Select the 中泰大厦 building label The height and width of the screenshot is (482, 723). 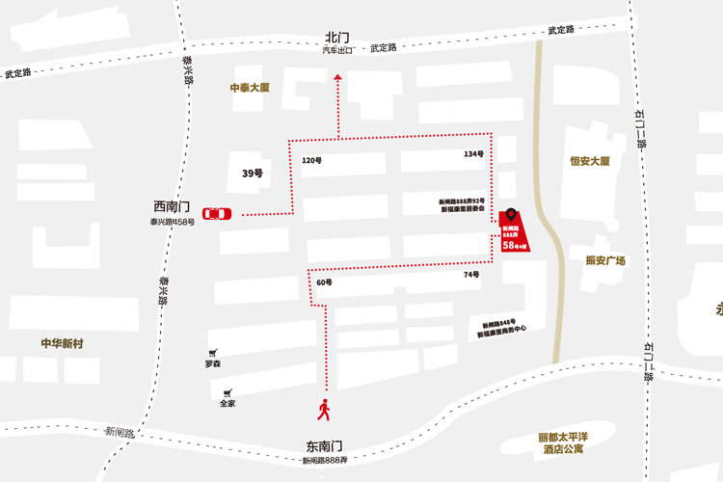tap(249, 88)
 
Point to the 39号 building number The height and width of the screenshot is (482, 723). tap(252, 174)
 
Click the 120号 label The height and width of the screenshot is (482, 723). tap(311, 160)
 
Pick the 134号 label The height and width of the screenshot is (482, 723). tap(472, 154)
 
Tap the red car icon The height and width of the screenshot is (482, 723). tap(217, 214)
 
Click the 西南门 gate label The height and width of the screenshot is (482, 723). tap(173, 207)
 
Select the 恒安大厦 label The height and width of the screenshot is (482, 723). tap(590, 161)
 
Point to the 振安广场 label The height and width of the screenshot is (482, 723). tap(605, 260)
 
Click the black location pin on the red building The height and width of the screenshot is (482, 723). tap(511, 215)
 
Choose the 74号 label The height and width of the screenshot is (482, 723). tap(470, 275)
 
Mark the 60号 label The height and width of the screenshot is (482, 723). tap(324, 282)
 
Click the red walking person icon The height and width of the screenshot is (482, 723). tap(324, 410)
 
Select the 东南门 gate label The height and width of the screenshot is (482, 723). tap(325, 446)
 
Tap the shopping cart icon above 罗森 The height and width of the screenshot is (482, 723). tap(212, 353)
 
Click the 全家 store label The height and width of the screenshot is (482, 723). tap(228, 403)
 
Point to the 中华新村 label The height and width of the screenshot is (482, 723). tap(63, 343)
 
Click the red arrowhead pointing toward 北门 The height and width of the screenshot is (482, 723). tap(337, 83)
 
